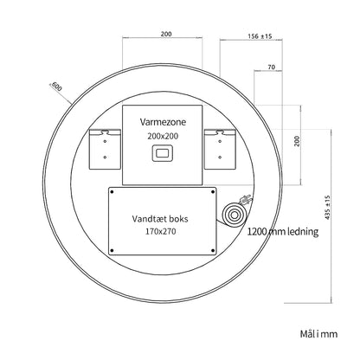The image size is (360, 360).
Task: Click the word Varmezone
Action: [163, 122]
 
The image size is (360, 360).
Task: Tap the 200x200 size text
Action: [163, 136]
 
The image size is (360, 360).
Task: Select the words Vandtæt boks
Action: [160, 219]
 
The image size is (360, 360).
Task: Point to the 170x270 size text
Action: [160, 231]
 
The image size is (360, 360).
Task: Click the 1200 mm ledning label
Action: [283, 231]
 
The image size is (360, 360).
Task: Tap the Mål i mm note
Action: [318, 334]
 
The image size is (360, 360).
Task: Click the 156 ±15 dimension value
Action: [260, 36]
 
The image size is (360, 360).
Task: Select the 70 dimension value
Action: [272, 67]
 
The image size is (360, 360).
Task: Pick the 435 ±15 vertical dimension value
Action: [327, 208]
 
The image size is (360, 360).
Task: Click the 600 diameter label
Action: [56, 87]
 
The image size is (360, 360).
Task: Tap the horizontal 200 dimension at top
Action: [166, 34]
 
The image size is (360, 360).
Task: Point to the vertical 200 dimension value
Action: [297, 141]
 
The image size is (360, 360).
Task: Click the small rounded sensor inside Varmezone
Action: [163, 153]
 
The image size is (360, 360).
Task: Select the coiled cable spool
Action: [235, 215]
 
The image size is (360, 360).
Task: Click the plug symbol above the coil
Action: [246, 200]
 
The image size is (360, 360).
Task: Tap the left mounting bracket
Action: [105, 149]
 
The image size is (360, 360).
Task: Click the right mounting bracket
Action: [221, 149]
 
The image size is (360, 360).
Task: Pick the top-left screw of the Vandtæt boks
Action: [112, 192]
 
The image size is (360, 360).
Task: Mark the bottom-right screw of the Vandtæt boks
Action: [213, 250]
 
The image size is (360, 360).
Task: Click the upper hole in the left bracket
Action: [106, 141]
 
